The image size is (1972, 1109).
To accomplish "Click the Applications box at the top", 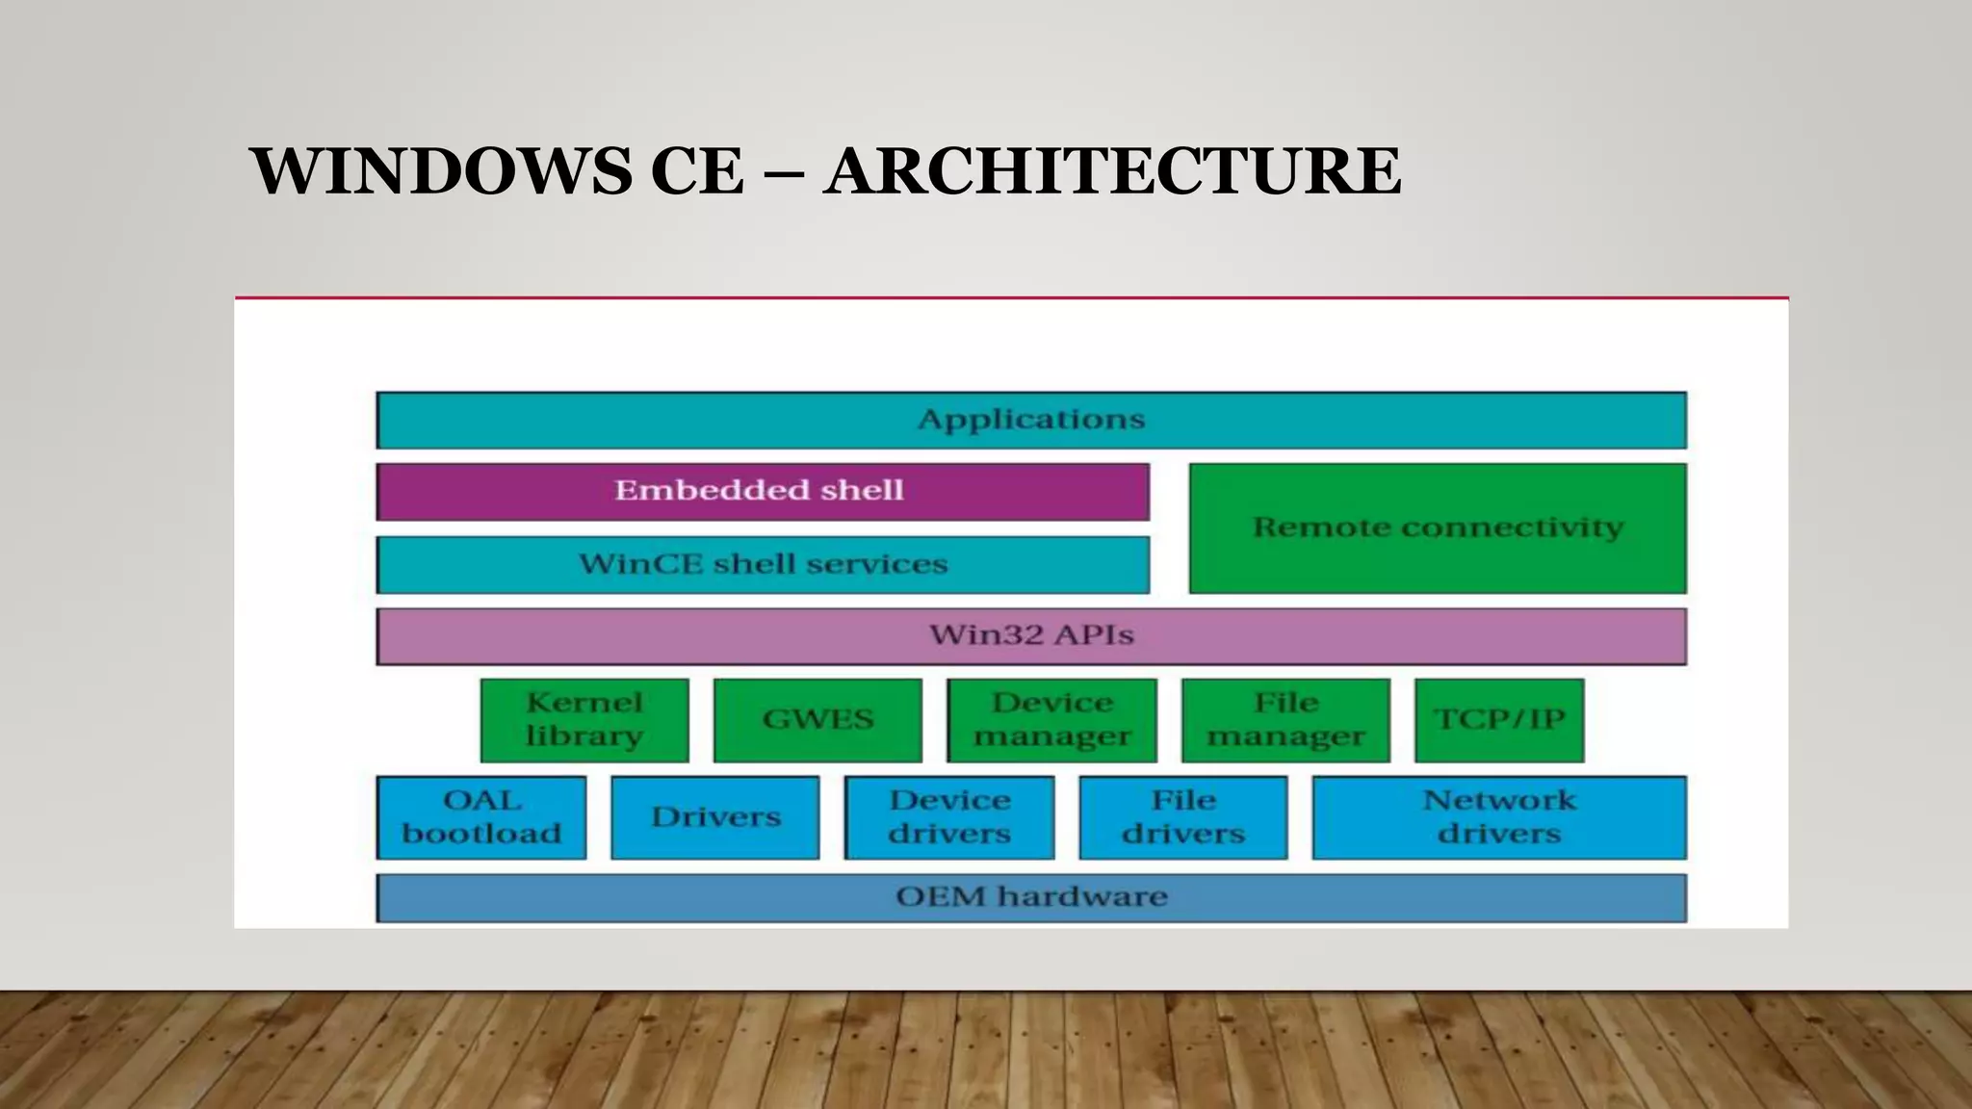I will [1030, 420].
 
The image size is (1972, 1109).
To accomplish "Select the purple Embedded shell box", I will [762, 491].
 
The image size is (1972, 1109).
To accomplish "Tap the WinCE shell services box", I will [762, 564].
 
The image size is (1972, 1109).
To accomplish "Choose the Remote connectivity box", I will [1437, 528].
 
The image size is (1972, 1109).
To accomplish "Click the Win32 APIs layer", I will [1030, 635].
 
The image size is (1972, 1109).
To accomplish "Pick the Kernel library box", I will [584, 719].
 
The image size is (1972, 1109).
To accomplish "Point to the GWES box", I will [817, 719].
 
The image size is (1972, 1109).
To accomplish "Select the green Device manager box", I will [1051, 719].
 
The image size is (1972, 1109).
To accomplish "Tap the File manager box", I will [1285, 719].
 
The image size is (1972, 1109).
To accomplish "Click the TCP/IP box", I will [1499, 719].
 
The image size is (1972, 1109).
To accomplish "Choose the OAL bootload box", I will [480, 817].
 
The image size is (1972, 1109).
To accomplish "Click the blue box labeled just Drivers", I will [714, 817].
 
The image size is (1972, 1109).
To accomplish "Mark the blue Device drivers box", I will [949, 817].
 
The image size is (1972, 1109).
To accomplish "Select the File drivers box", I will [1183, 817].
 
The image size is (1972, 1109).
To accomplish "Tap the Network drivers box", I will [1499, 817].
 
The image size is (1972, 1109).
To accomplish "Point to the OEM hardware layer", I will [1030, 897].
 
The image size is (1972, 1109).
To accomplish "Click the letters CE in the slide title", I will [697, 171].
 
